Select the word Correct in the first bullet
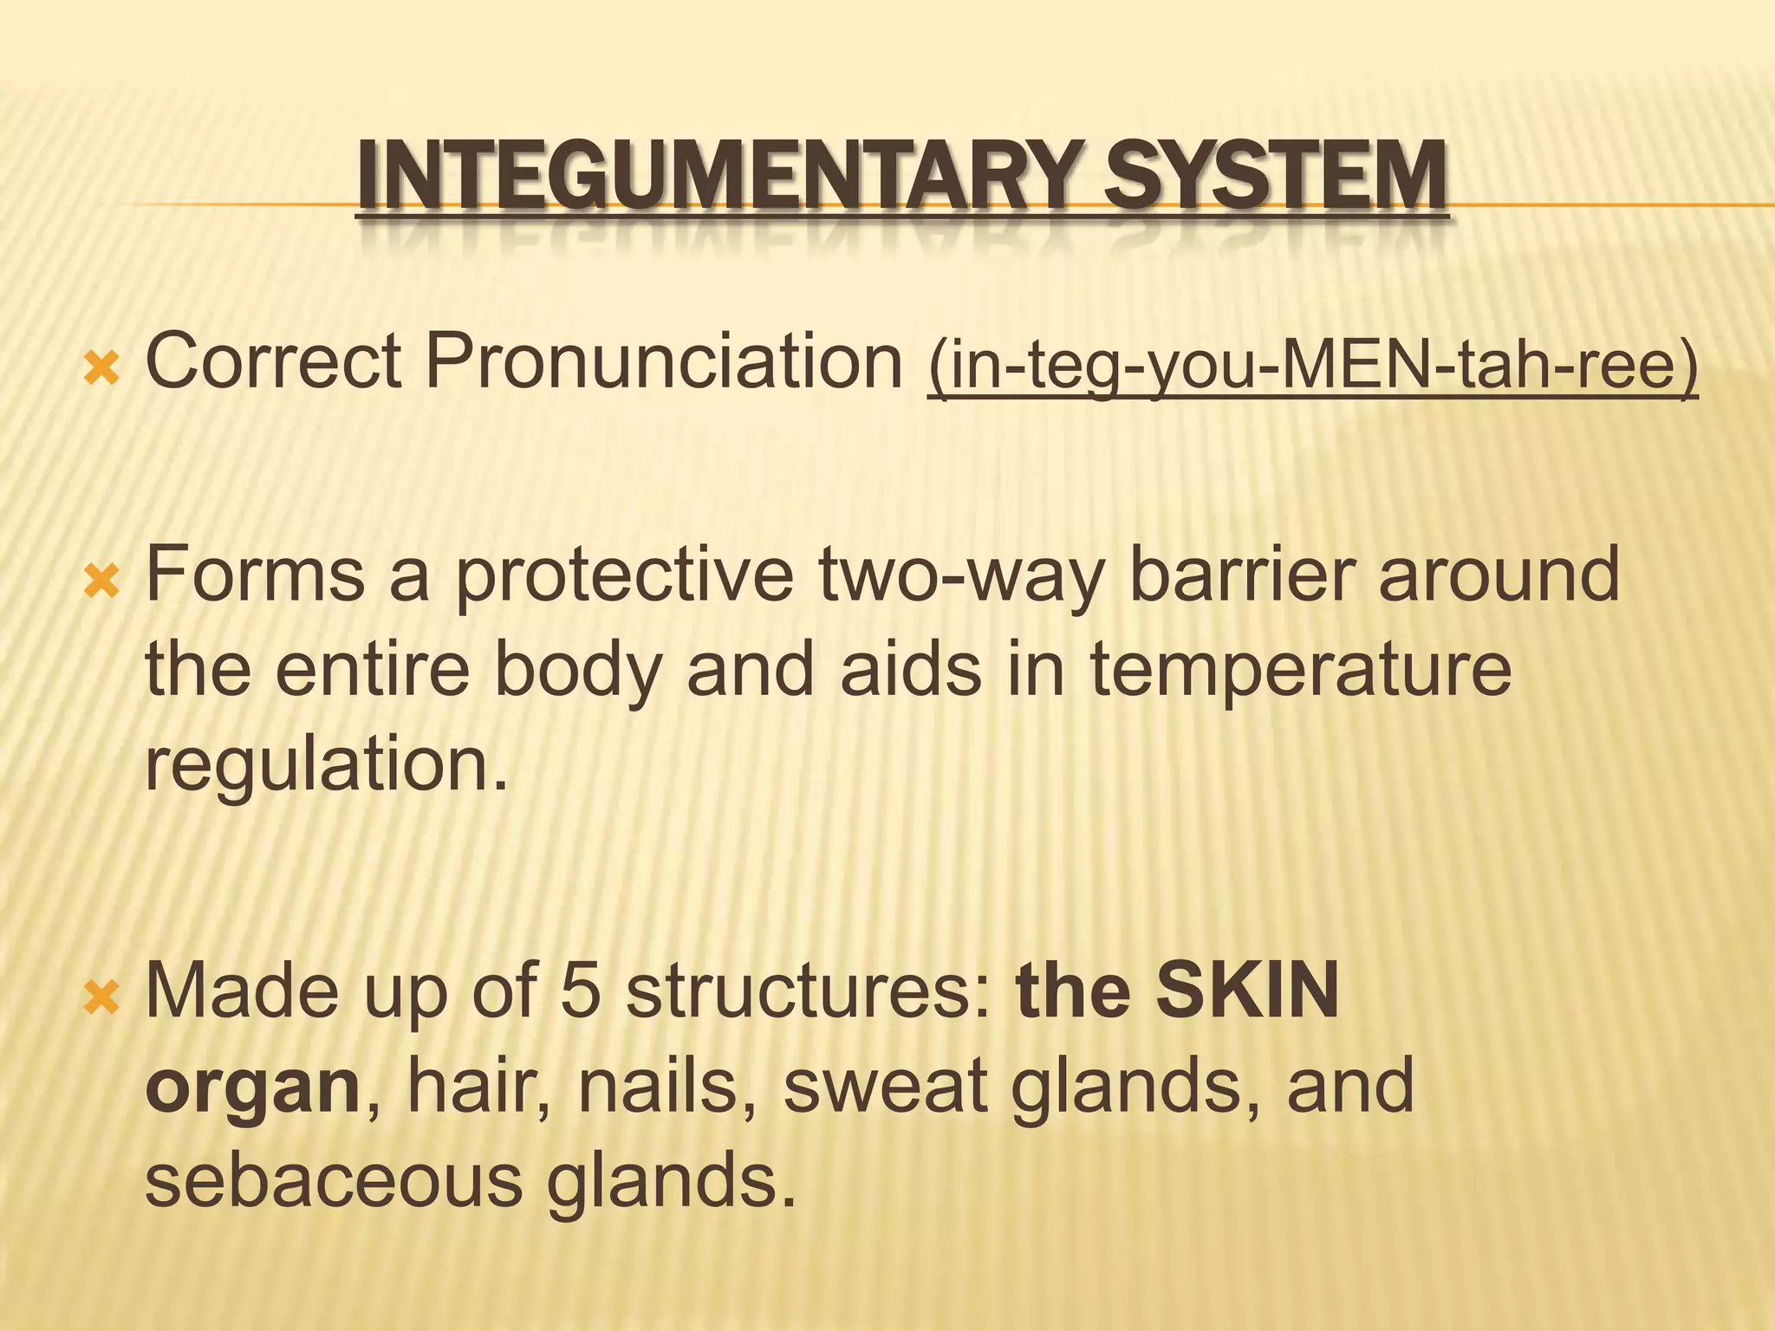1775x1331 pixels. click(273, 360)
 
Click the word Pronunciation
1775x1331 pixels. click(664, 360)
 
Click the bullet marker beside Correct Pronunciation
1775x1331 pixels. click(101, 370)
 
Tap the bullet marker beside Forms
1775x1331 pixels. click(101, 583)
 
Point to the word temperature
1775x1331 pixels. click(1300, 672)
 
